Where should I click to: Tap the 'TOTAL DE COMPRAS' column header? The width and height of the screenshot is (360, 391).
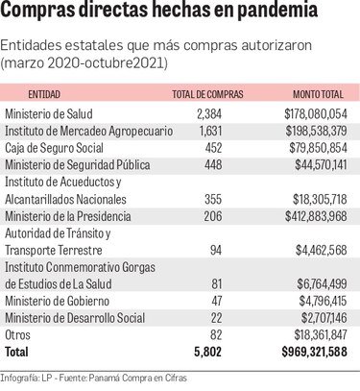(x=207, y=94)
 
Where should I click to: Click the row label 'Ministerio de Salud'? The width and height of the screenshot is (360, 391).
(x=49, y=114)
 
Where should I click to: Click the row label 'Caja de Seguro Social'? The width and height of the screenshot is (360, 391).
(x=55, y=148)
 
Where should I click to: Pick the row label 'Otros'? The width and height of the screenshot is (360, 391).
(x=19, y=334)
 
